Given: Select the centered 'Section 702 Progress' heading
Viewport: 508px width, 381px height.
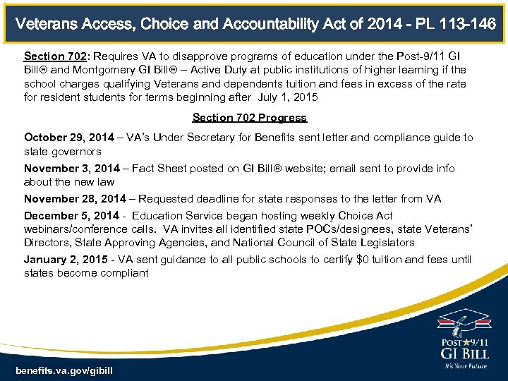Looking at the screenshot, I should click(x=250, y=118).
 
